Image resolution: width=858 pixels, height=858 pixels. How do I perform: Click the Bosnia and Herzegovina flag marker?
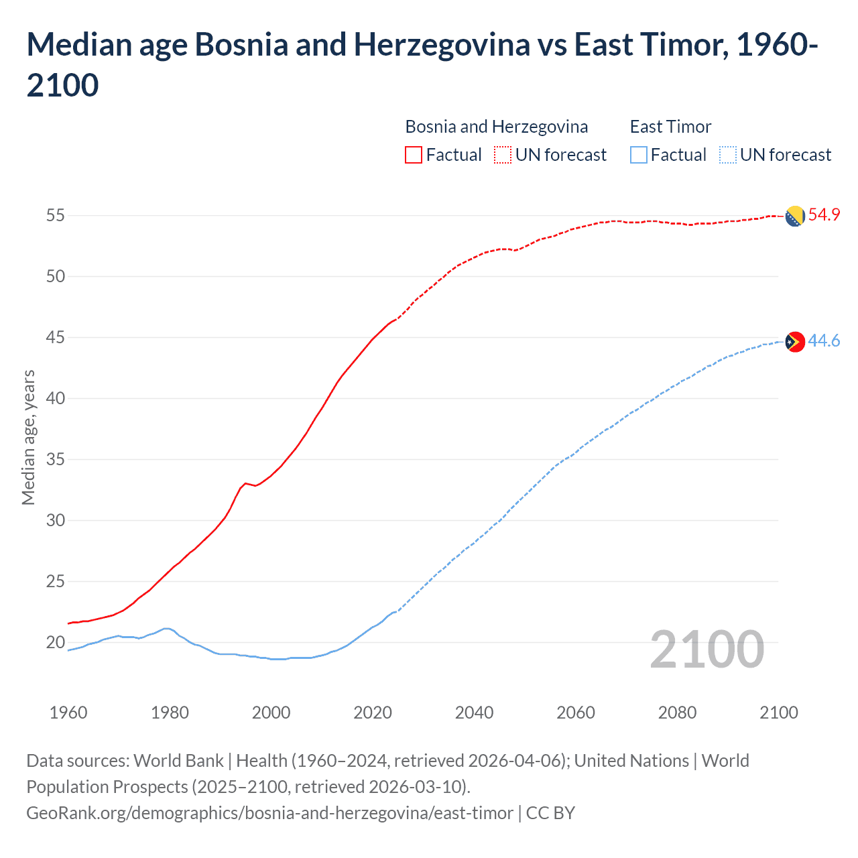794,217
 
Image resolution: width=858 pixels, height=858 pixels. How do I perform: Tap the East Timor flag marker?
794,342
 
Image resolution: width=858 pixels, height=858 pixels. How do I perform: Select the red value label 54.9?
824,215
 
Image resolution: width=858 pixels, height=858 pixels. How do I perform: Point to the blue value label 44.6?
824,341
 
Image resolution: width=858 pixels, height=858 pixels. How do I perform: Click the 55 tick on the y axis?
55,216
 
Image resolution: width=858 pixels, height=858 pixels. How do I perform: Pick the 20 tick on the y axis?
55,643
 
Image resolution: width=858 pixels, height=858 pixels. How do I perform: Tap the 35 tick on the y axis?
55,460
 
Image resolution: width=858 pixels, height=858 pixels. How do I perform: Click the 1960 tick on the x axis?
68,713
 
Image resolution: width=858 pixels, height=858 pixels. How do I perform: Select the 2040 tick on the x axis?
474,713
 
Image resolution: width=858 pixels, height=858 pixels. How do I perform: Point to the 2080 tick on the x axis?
677,713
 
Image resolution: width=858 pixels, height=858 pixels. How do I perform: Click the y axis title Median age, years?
28,437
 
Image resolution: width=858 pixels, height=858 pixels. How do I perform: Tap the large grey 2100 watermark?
707,650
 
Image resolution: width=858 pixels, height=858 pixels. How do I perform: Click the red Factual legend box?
414,156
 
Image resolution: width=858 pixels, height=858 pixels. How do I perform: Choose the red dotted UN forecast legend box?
503,156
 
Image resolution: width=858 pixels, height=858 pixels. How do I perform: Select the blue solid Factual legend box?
639,156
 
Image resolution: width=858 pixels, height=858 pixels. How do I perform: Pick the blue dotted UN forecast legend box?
728,156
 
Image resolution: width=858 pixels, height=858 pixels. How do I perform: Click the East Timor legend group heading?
670,127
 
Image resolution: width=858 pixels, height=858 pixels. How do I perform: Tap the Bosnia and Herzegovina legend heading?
496,127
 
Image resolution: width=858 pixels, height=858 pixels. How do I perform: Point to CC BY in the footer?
550,813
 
